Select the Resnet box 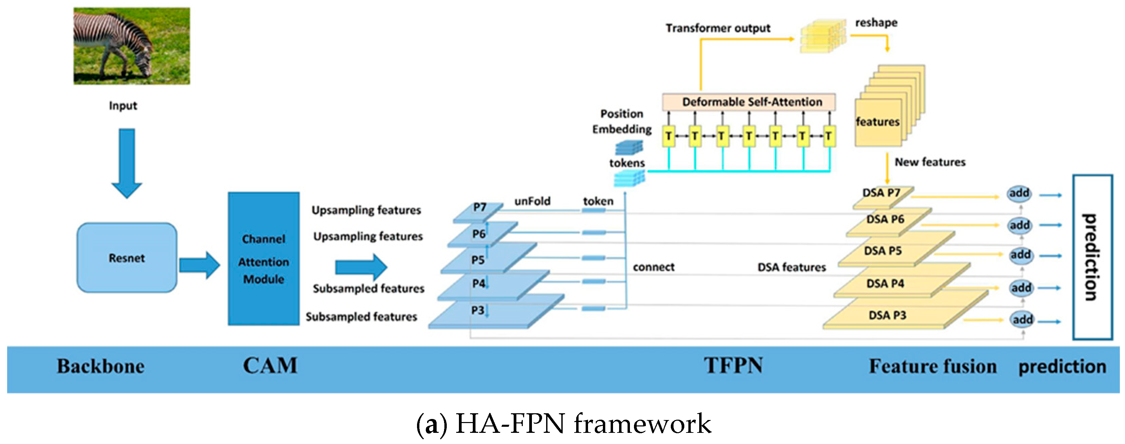(x=127, y=257)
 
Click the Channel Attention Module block (x=263, y=258)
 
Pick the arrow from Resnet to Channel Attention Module (x=199, y=265)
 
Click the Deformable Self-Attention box (x=749, y=102)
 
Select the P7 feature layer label (x=480, y=207)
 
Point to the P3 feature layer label (x=477, y=310)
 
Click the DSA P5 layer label (x=883, y=251)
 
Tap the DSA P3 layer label (x=887, y=315)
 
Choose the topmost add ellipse (x=1019, y=193)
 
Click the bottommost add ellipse (x=1022, y=320)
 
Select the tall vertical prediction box (x=1092, y=257)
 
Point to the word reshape (x=876, y=23)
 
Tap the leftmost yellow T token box (x=668, y=136)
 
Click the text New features (x=930, y=162)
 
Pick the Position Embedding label (x=621, y=121)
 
